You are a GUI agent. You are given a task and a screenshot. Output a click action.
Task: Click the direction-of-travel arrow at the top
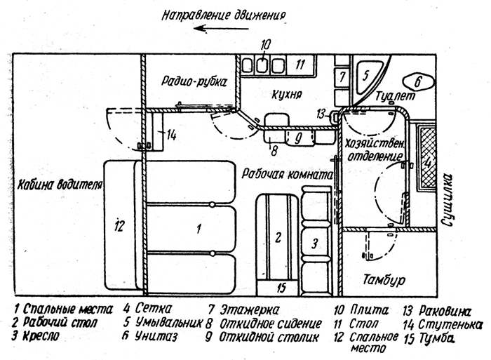(x=221, y=29)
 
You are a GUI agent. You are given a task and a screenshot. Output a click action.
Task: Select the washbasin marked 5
(x=368, y=76)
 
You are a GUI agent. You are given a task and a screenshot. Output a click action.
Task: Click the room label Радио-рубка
(x=194, y=81)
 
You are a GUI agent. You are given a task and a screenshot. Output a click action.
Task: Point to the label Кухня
(x=286, y=94)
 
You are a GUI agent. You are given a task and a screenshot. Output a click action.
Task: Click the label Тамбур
(x=384, y=279)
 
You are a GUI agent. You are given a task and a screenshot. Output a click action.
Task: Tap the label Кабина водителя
(x=60, y=185)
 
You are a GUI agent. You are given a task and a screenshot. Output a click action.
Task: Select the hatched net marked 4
(x=427, y=157)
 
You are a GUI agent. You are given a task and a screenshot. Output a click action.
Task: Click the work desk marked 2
(x=277, y=236)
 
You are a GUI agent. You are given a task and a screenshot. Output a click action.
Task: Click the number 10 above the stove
(x=264, y=45)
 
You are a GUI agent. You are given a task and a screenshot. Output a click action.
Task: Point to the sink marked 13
(x=335, y=117)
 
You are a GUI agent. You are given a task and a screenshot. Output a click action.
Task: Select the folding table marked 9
(x=300, y=138)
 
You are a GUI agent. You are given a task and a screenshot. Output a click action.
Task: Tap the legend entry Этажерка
(x=249, y=310)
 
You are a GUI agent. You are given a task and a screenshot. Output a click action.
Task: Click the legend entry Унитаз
(x=156, y=336)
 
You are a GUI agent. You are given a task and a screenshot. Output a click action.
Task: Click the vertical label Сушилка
(x=448, y=199)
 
